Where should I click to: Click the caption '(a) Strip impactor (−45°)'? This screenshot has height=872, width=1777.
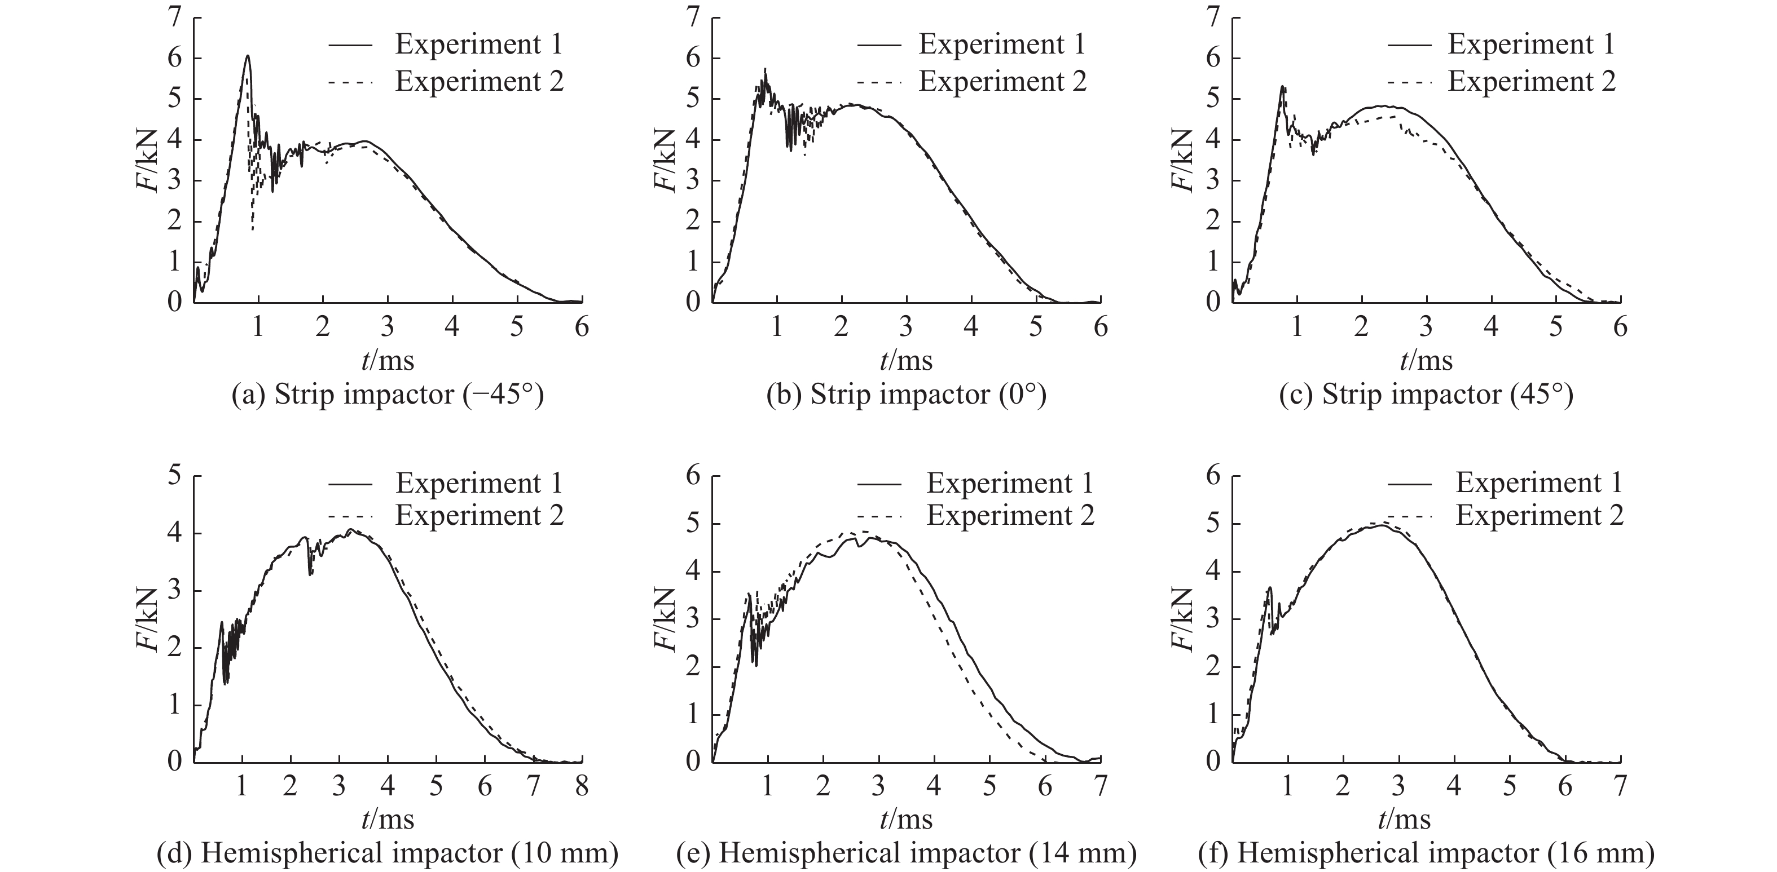388,395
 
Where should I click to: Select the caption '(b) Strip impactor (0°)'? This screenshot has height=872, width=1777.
907,395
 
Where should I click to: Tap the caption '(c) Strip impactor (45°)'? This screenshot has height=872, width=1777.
1426,395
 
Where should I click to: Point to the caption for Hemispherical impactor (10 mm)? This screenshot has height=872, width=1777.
388,853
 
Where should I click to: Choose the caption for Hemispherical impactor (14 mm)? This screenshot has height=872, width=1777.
907,853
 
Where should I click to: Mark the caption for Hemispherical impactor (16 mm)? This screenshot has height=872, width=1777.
1426,853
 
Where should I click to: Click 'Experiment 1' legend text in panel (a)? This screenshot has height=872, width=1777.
479,45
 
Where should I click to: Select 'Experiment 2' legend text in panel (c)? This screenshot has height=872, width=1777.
1532,81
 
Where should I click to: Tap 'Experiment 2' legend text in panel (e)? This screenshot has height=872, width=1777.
1010,516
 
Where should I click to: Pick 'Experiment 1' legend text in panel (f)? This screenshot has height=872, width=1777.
1539,483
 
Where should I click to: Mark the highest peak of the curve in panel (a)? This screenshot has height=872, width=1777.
247,56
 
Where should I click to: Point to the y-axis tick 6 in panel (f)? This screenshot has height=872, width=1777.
1213,476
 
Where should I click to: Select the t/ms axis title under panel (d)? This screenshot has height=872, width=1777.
388,820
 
